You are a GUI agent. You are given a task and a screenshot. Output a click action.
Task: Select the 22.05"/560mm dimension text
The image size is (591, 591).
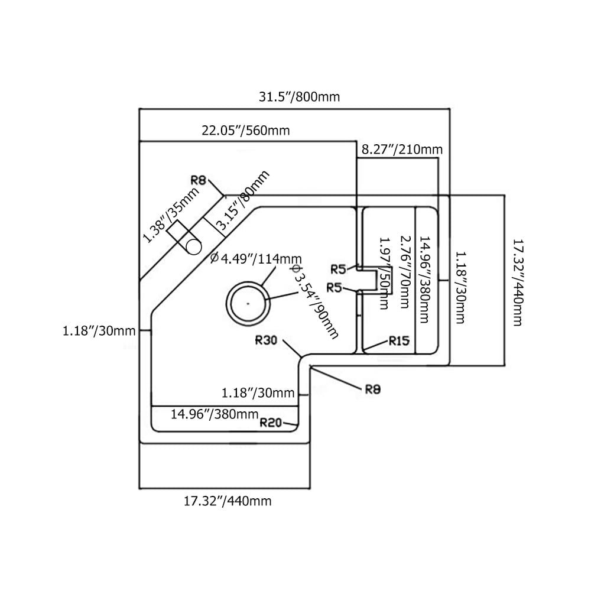(246, 131)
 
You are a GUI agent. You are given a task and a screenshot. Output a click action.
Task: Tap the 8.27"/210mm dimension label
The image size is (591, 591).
(402, 150)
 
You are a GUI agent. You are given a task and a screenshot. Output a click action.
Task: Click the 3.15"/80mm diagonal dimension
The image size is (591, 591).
(242, 200)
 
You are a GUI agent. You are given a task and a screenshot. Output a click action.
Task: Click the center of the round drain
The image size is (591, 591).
(248, 303)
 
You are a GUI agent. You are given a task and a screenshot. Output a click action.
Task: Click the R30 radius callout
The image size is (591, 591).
(267, 340)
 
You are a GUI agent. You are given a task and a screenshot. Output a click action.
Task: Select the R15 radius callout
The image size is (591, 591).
(400, 340)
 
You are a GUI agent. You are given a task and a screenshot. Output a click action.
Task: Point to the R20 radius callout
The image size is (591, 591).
(271, 423)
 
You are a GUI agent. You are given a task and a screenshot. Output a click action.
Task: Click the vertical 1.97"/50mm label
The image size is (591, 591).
(384, 273)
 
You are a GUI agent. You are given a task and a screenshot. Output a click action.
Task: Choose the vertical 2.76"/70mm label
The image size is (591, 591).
(404, 271)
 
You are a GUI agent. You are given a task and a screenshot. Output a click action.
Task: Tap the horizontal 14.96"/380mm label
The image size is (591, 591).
(215, 414)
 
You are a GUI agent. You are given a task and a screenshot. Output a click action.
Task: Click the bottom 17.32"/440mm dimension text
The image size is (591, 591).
(228, 501)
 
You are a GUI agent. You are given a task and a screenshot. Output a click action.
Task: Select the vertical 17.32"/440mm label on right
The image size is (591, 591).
(517, 282)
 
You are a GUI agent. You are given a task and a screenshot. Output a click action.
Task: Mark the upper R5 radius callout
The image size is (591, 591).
(338, 269)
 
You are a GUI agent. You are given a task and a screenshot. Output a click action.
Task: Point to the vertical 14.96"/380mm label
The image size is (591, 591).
(424, 280)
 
